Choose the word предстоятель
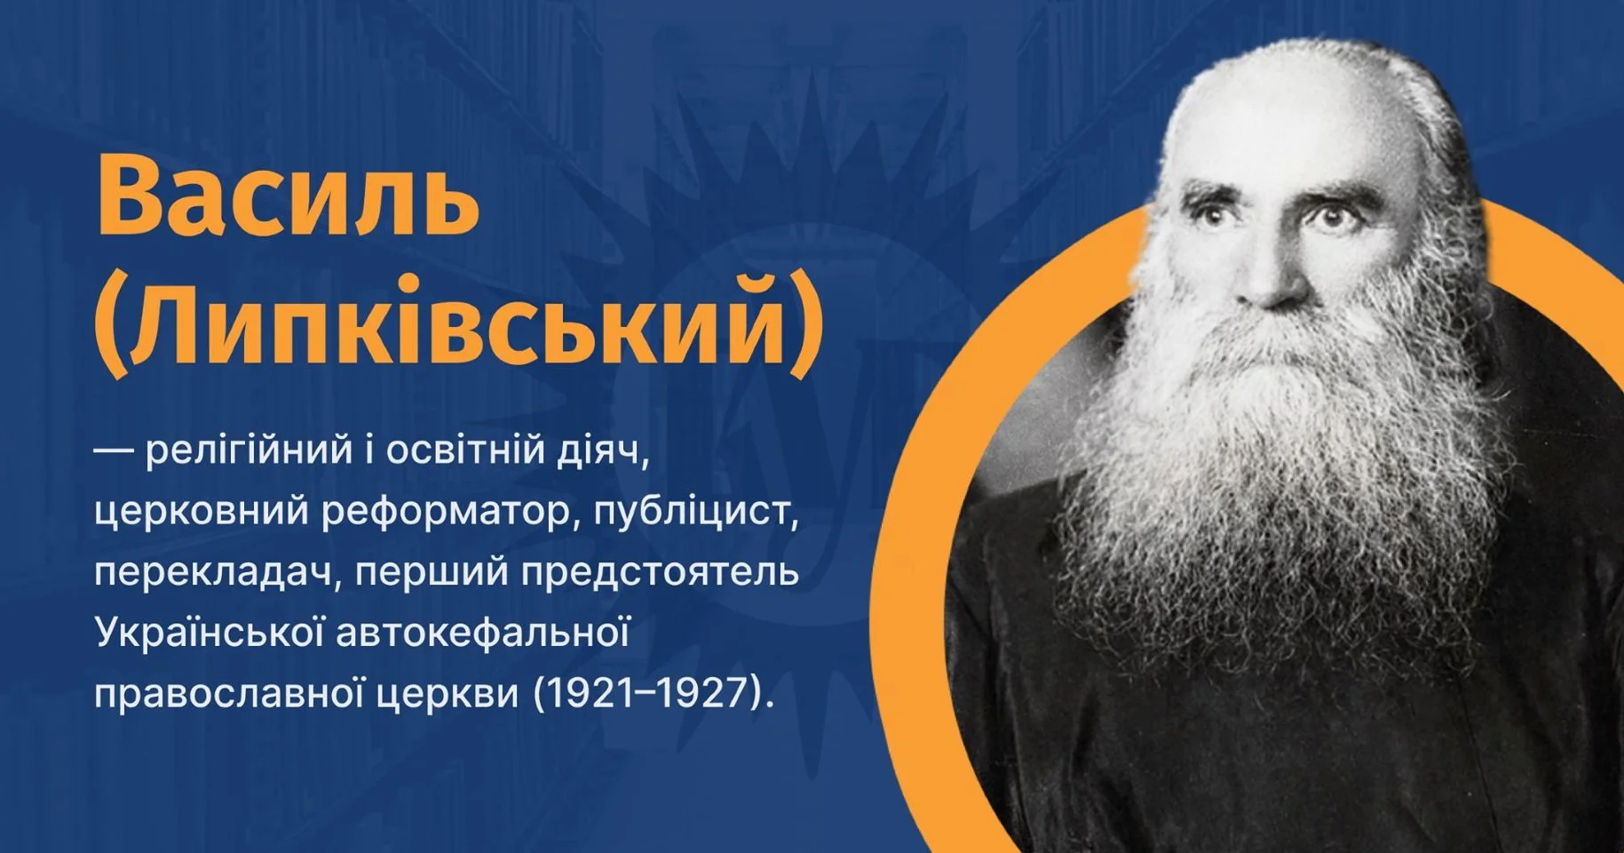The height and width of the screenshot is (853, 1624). (x=660, y=572)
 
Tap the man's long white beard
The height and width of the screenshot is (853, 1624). (x=1279, y=462)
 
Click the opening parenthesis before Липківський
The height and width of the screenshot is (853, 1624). (x=110, y=326)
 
